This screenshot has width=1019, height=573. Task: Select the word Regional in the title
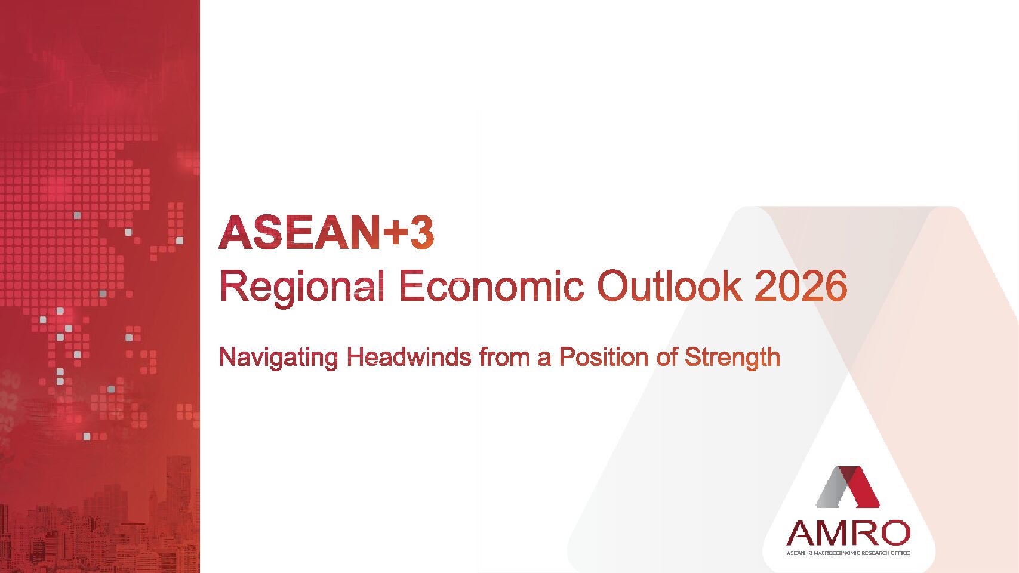[x=302, y=287]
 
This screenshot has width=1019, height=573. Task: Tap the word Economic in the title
[x=492, y=286]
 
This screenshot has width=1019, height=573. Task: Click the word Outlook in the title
[x=669, y=286]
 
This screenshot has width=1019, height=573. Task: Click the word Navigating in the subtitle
[x=278, y=358]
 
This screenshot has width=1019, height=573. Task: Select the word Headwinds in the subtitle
[x=409, y=357]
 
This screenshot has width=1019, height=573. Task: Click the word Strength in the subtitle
[x=732, y=358]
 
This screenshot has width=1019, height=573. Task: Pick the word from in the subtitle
[x=504, y=357]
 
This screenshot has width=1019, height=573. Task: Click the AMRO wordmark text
[x=848, y=533]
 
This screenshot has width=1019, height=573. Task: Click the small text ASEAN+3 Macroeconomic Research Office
[x=848, y=553]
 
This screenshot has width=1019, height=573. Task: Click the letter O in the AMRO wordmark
[x=894, y=533]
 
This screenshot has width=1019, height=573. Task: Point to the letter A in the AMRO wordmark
[x=801, y=533]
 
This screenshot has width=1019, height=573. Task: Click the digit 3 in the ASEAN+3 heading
[x=421, y=233]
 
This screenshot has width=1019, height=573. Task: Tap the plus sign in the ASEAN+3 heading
[x=394, y=234]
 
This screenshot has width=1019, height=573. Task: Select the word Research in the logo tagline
[x=875, y=553]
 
